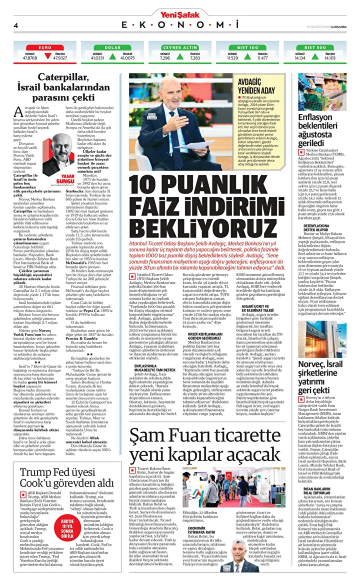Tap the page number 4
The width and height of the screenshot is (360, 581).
tap(16, 25)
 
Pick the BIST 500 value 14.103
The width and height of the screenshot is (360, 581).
tap(329, 58)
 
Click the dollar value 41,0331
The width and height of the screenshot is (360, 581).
tap(97, 58)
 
